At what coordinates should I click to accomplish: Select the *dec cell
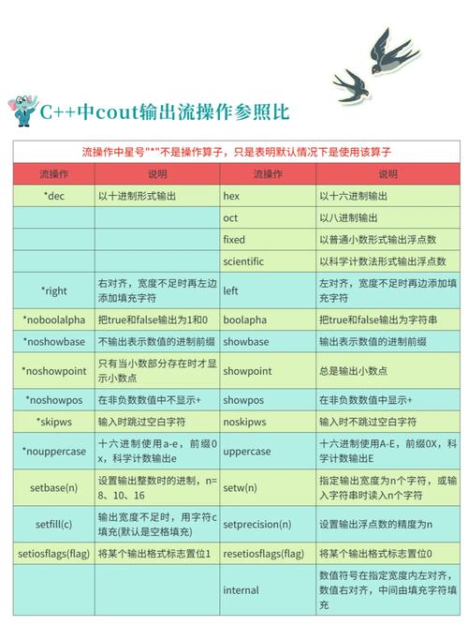point(52,197)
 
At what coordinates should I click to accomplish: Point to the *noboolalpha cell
point(52,320)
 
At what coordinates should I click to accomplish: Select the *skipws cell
point(52,422)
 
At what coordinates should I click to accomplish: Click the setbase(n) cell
point(53,488)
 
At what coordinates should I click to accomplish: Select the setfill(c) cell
point(53,525)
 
